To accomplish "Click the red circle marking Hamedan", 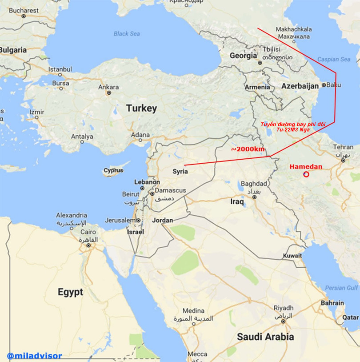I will point(306,174).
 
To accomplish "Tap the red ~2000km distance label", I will point(248,149).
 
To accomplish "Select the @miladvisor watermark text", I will point(34,356).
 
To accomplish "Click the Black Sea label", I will point(127,34).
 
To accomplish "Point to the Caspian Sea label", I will point(334,59).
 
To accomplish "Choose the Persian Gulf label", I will point(341,288).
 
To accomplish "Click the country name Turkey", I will point(141,108).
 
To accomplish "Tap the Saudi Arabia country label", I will point(265,337).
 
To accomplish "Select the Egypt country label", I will point(70,292).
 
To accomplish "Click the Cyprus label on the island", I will point(113,170).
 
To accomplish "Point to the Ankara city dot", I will point(108,93).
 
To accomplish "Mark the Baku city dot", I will point(324,84).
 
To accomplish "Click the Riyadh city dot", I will point(283,321).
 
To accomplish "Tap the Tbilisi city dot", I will point(260,63).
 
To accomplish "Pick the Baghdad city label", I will point(254,184).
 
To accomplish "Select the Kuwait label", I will point(292,256).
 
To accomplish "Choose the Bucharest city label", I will point(24,10).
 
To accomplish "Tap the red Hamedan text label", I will point(306,167).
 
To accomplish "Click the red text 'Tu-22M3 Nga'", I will point(292,129).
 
